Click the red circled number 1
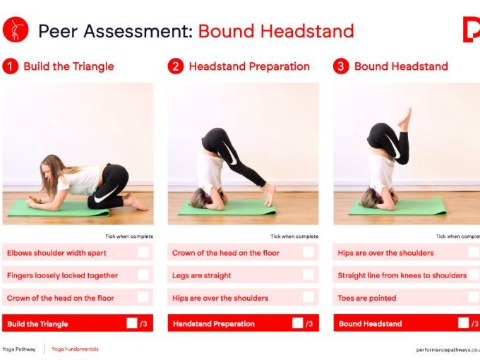(10, 66)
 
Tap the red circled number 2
(175, 66)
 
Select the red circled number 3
(341, 66)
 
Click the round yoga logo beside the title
(15, 30)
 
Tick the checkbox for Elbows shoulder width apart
(143, 252)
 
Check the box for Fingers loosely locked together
(143, 275)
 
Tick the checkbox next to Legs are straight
(308, 275)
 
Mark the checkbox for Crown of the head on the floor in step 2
(308, 252)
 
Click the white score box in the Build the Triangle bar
(132, 323)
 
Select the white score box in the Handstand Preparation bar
(297, 323)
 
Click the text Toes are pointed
(367, 298)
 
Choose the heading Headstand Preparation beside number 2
(249, 66)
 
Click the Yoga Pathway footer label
(20, 349)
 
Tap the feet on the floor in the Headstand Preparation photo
(269, 196)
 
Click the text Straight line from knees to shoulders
(402, 275)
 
